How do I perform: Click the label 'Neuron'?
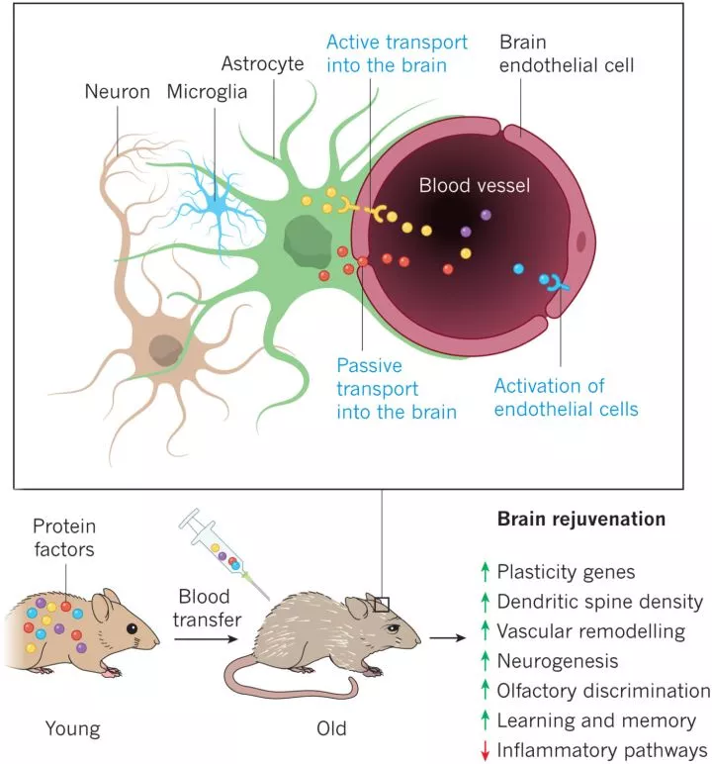coord(117,92)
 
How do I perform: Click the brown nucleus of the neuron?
coord(165,348)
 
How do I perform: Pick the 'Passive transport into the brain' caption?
coord(396,387)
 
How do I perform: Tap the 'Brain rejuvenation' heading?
coord(580,519)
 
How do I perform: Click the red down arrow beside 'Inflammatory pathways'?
coord(485,751)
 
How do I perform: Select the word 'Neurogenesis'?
coord(558,660)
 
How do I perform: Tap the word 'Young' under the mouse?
coord(73,729)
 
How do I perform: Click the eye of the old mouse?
coord(394,626)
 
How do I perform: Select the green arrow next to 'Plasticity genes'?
coord(485,571)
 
